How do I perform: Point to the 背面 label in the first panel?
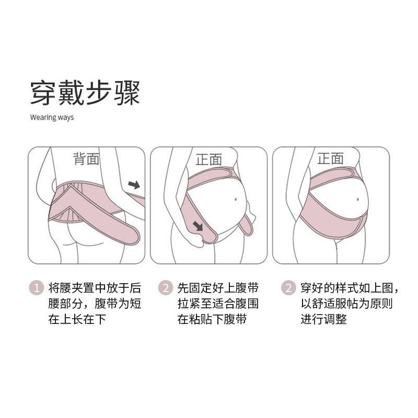[x=86, y=159]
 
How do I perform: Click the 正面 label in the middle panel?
[x=208, y=159]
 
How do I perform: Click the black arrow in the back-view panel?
[x=134, y=184]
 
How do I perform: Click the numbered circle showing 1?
[x=36, y=288]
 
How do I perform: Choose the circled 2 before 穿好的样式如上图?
[x=288, y=288]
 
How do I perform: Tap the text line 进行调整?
[x=323, y=319]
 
